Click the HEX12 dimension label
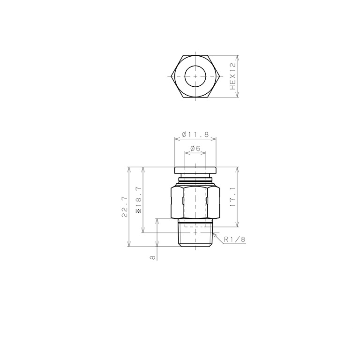[233, 76]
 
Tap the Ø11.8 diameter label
[195, 135]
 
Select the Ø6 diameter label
[195, 148]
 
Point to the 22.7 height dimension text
[125, 207]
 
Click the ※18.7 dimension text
[139, 200]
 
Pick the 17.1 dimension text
[233, 196]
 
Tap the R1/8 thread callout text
[235, 240]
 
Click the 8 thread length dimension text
[152, 258]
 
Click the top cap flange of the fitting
[195, 170]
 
